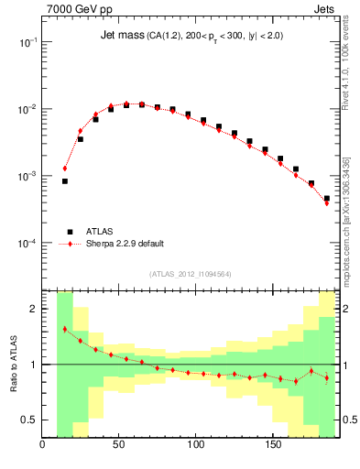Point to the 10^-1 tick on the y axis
[x=27, y=42]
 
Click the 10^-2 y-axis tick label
[x=27, y=109]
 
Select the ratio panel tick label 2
[x=33, y=309]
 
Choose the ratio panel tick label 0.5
[x=28, y=420]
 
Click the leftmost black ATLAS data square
[x=65, y=181]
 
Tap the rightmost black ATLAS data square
[x=327, y=198]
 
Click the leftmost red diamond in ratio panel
[x=65, y=329]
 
